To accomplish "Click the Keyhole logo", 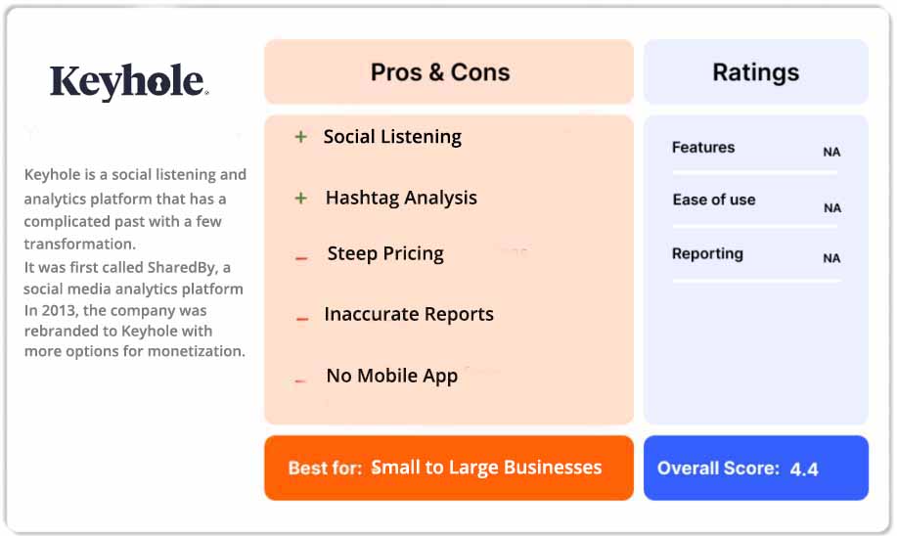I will [128, 82].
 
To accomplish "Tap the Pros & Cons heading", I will [440, 72].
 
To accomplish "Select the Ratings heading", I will [755, 72].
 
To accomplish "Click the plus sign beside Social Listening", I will [300, 137].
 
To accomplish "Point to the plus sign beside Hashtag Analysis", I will [300, 199].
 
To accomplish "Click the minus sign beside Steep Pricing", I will [301, 258].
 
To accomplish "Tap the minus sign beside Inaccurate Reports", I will [302, 318].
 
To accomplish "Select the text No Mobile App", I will [391, 376].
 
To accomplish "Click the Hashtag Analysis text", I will [401, 198].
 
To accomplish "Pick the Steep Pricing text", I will [385, 254].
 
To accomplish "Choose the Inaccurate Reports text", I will [409, 315].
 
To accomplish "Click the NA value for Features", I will [831, 153].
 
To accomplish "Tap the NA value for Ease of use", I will [831, 208].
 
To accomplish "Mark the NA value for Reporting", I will [831, 259].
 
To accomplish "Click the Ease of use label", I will [714, 200].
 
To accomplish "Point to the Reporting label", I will [707, 254].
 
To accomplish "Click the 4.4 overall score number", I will [804, 469].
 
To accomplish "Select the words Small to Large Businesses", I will [486, 468].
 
